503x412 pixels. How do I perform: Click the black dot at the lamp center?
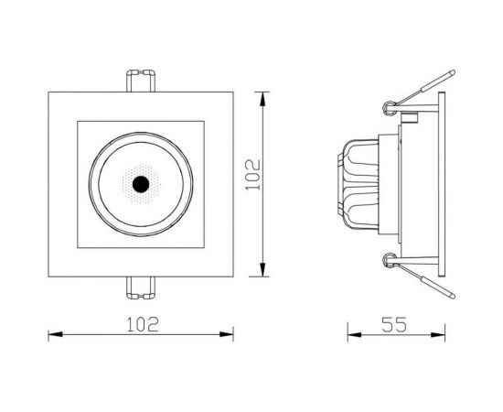click(x=140, y=184)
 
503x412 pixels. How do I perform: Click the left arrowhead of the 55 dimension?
click(x=351, y=333)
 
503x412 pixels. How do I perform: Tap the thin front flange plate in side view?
click(x=444, y=183)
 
